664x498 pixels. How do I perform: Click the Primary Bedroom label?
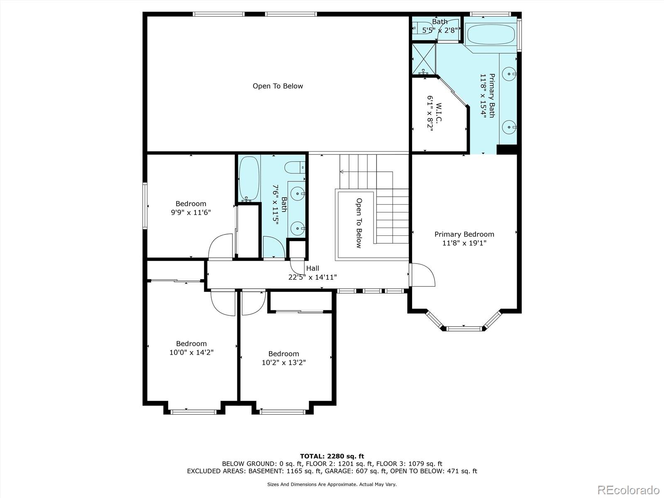coord(464,234)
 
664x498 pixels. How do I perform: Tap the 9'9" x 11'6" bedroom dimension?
coord(191,212)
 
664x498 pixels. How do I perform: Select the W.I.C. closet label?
coord(439,112)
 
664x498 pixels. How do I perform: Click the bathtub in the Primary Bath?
coord(491,34)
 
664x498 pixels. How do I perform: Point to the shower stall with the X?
coord(424,59)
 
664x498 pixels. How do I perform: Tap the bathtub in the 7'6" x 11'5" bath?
coord(249,179)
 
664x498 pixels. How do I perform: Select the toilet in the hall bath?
coord(295,167)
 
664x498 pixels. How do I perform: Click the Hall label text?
coord(312,268)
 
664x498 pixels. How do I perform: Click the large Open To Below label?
coord(278,86)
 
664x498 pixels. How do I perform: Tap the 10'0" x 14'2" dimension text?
coord(191,352)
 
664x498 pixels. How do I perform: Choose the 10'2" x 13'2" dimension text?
coord(284,362)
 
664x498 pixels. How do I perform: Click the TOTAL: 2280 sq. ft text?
coord(332,456)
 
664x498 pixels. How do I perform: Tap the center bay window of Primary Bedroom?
coord(464,328)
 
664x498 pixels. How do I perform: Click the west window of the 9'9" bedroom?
coord(145,205)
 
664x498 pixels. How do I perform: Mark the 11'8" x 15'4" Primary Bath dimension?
coord(483,95)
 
